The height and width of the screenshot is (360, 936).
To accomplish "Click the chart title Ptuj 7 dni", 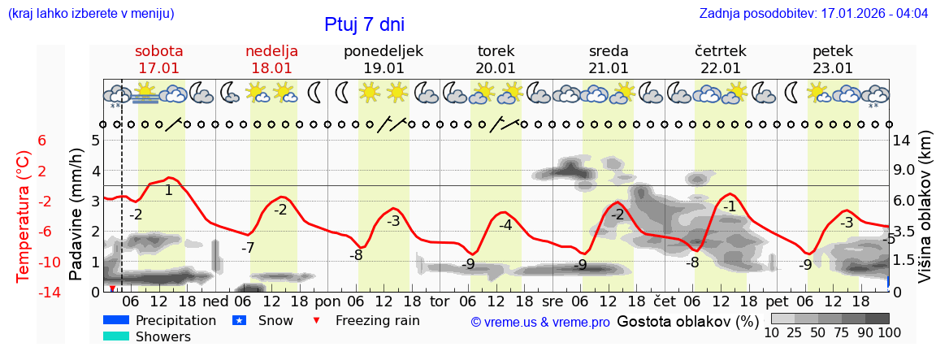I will tap(364, 24).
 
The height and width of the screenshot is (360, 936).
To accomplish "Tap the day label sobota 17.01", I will tap(158, 59).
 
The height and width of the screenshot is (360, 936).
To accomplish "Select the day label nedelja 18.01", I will tap(271, 59).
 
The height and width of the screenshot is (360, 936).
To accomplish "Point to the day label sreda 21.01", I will tap(609, 59).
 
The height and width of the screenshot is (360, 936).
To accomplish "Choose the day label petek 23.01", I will tap(833, 59).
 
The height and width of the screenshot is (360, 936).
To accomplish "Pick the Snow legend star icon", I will tap(239, 320).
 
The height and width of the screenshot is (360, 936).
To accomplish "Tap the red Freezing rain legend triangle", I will tap(317, 320).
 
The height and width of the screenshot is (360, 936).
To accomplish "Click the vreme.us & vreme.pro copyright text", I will tap(540, 322).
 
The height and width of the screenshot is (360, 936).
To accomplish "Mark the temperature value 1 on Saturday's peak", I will tap(168, 191).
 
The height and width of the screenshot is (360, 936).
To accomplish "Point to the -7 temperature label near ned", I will tap(248, 247).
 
